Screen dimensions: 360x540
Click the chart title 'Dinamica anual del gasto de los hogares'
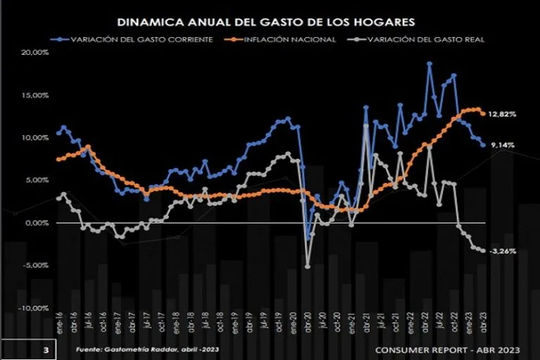click(266, 22)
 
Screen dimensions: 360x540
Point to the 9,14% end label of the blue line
click(502, 145)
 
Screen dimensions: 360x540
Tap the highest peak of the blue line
click(430, 64)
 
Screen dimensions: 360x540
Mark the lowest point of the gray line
click(308, 266)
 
